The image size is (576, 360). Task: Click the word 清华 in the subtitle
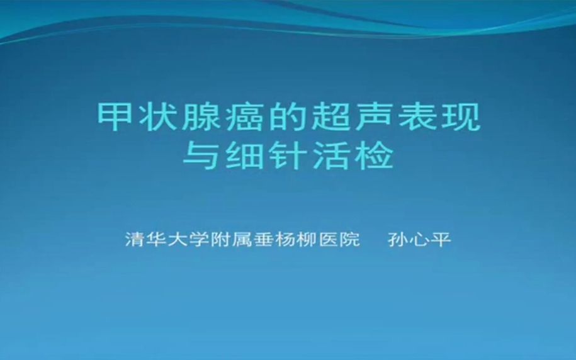[146, 240]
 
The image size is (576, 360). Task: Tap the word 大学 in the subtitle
[189, 240]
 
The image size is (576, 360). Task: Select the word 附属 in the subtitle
[232, 240]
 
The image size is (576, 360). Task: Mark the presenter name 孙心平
[419, 240]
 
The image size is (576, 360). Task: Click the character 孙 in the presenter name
[398, 240]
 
